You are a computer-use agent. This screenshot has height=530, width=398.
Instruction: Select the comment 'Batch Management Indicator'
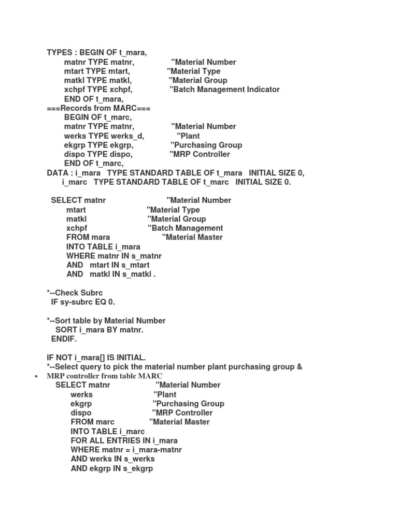coord(224,90)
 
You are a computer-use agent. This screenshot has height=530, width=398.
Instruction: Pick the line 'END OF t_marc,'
coord(94,164)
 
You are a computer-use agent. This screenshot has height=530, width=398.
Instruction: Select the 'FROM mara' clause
coord(88,238)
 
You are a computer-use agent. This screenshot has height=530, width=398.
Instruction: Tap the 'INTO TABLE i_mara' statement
coord(103,247)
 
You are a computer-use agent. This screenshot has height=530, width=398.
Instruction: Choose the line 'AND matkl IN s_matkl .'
coord(111,275)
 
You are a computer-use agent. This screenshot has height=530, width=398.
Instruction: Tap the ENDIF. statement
coord(64,339)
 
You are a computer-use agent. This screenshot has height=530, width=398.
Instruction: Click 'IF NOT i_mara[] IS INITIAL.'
coord(96,358)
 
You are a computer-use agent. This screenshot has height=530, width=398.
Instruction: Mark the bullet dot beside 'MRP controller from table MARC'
coord(36,376)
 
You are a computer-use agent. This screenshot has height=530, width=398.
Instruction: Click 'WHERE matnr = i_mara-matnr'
coord(126,450)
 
